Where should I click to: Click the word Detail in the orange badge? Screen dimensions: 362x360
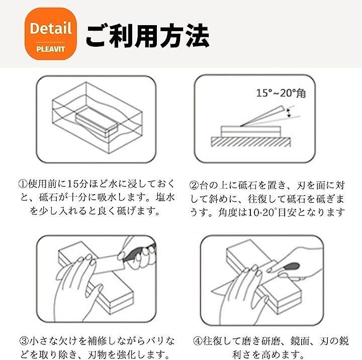click(x=51, y=28)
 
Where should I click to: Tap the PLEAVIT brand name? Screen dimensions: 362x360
click(x=51, y=49)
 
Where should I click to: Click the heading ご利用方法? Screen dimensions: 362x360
click(x=147, y=36)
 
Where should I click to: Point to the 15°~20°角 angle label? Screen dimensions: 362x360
click(x=281, y=93)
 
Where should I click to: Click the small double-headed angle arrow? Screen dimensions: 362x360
click(x=288, y=113)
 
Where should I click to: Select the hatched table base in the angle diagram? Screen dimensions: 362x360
click(x=251, y=142)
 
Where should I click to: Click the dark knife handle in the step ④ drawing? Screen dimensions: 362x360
click(x=291, y=266)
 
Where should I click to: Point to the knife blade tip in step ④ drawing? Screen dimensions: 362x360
click(x=212, y=290)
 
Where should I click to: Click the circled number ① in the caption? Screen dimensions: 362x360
click(x=23, y=184)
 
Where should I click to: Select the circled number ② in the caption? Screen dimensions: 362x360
click(x=194, y=185)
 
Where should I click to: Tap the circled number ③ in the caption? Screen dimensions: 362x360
click(x=24, y=341)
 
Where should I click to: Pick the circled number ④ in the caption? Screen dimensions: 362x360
click(x=198, y=341)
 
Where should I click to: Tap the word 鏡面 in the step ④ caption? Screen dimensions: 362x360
click(x=300, y=341)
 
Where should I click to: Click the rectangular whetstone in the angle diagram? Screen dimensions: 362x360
click(x=251, y=131)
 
